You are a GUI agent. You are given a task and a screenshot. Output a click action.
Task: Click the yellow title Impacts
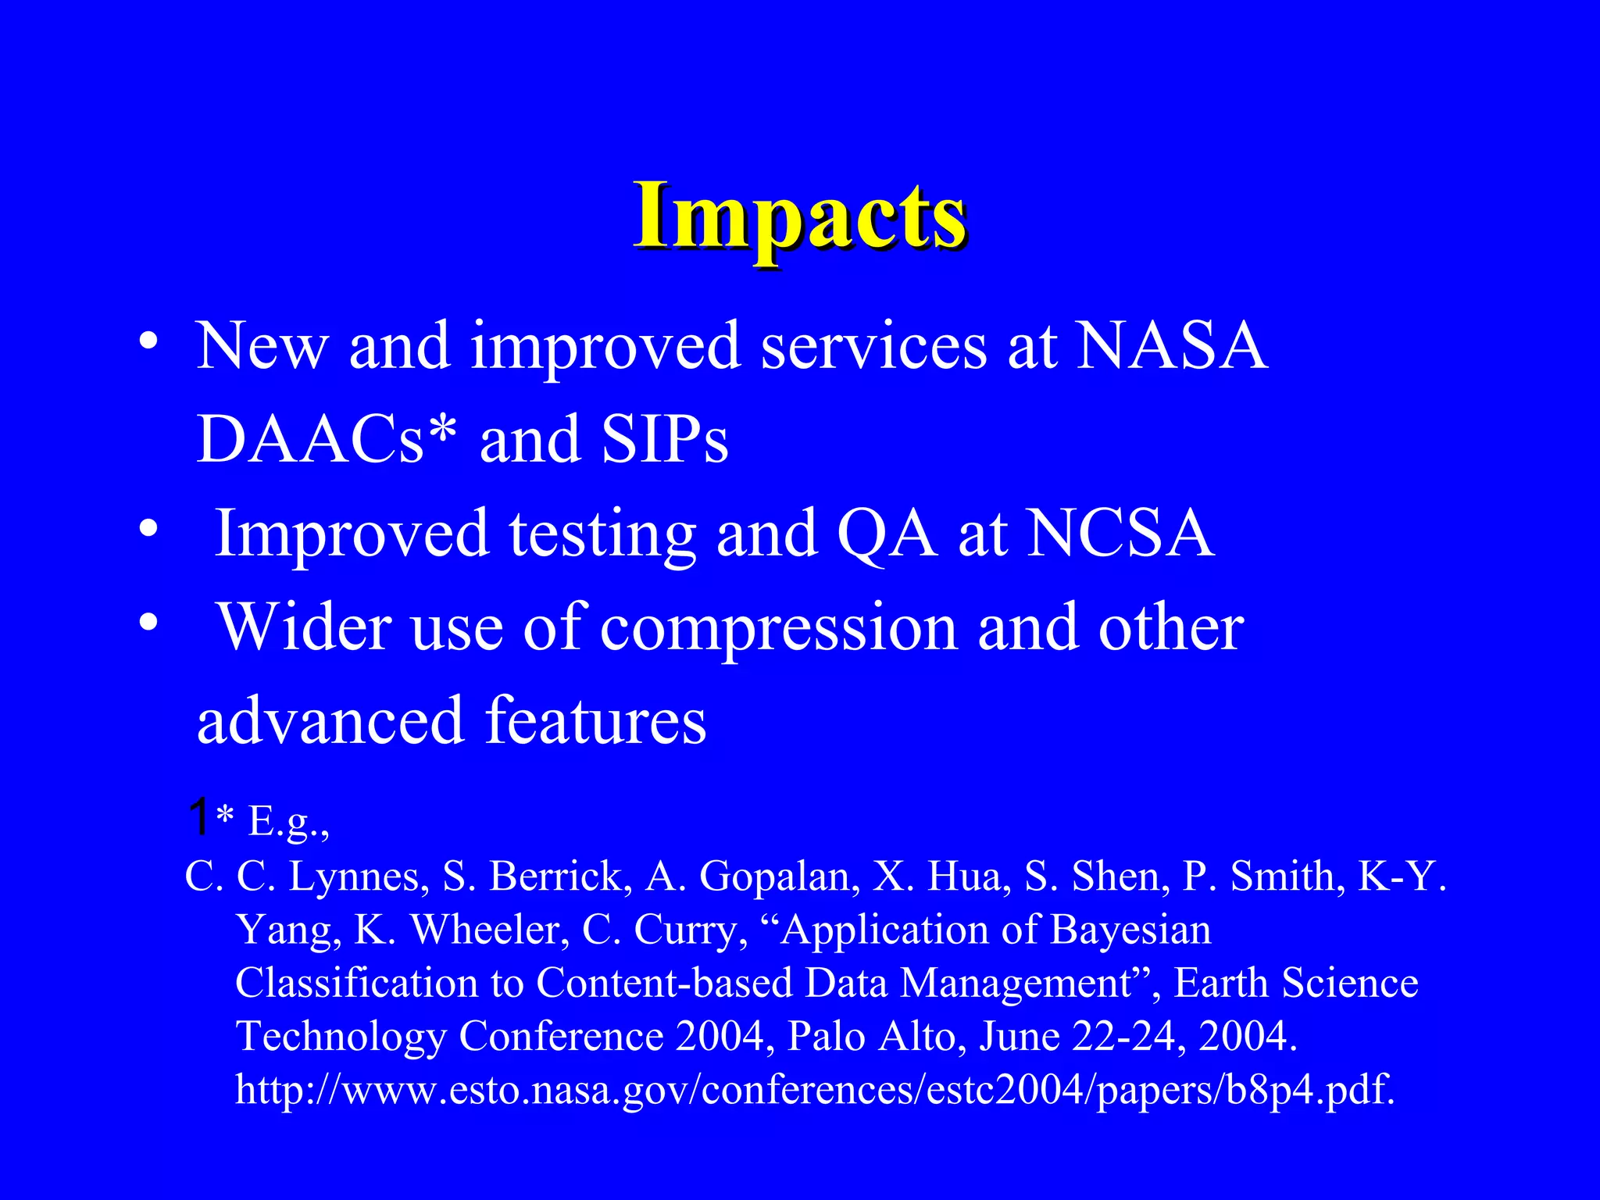800,217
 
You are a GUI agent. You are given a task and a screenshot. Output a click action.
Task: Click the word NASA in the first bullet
1172,345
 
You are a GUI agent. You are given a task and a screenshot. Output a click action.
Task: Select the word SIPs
665,439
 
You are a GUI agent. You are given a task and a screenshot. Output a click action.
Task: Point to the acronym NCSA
1120,533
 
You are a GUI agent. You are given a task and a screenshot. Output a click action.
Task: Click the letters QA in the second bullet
887,533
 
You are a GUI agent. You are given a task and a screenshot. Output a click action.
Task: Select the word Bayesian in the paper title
1130,930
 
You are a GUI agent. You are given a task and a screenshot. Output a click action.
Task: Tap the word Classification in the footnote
356,983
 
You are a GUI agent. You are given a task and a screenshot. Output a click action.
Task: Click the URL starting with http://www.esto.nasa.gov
814,1089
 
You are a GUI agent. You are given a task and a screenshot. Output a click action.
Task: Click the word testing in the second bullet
602,534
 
